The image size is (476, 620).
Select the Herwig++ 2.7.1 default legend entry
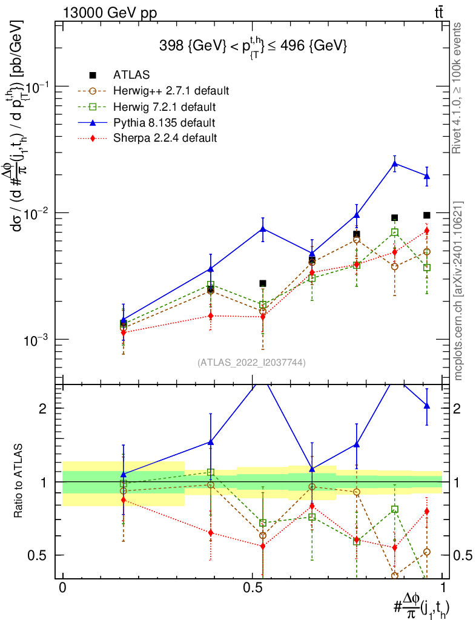point(153,91)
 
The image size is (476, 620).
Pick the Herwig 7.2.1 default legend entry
point(147,107)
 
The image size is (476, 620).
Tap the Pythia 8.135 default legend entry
point(147,122)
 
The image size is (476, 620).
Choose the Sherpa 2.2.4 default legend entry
point(147,138)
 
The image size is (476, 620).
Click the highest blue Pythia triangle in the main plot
point(394,163)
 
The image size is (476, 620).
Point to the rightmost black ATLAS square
point(426,215)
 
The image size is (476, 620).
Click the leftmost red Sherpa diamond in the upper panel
point(124,332)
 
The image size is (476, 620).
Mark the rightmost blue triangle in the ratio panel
point(426,406)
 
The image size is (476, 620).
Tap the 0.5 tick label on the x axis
point(253,588)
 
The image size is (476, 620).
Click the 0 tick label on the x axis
point(62,588)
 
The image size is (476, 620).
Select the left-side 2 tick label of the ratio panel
point(43,409)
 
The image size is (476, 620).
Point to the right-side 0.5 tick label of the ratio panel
point(463,555)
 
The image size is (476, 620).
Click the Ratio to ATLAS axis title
point(18,481)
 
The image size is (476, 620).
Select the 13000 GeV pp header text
point(110,13)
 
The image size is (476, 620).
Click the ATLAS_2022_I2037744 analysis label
point(251,362)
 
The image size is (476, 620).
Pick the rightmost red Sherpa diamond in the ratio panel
point(426,511)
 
